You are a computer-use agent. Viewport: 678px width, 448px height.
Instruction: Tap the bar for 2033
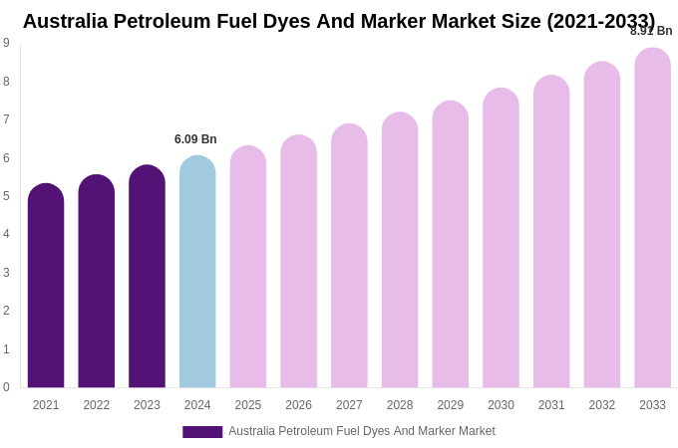click(x=652, y=218)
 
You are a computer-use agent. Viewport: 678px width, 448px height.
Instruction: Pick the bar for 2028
click(x=400, y=250)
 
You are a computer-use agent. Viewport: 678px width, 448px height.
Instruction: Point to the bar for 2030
click(x=501, y=238)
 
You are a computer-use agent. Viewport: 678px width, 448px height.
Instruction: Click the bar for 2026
click(x=298, y=262)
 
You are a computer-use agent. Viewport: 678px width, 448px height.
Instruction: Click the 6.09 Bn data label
click(x=195, y=139)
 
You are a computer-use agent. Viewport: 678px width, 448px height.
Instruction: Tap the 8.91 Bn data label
click(x=651, y=31)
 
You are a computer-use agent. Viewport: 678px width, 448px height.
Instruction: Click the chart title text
click(x=339, y=21)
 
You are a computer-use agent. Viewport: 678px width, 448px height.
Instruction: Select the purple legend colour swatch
click(x=202, y=432)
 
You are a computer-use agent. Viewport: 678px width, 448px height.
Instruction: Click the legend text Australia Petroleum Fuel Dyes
click(x=361, y=431)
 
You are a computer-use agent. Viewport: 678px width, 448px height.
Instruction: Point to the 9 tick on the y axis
click(x=6, y=43)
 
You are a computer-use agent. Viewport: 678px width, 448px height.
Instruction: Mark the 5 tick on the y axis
click(x=6, y=196)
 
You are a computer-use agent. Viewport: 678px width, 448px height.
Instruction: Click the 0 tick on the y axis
click(x=6, y=387)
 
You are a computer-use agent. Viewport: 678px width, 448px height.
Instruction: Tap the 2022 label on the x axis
click(x=97, y=405)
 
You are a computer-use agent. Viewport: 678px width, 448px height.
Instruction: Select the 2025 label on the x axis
click(x=248, y=405)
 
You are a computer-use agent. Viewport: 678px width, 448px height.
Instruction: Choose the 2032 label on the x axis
click(x=602, y=405)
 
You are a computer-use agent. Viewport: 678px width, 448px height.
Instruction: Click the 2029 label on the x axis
click(x=451, y=405)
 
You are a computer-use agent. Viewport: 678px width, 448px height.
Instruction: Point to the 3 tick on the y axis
click(x=6, y=273)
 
